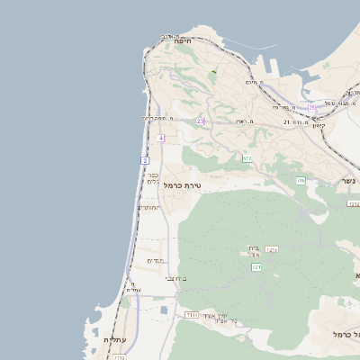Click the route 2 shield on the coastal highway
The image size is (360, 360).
click(144, 160)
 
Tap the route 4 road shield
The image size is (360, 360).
click(160, 138)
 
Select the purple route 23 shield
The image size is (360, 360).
click(201, 121)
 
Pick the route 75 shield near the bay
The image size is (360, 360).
click(311, 108)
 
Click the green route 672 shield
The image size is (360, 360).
click(247, 158)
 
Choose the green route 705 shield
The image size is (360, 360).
click(301, 181)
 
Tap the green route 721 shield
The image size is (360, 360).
click(256, 267)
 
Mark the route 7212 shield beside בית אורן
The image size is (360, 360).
click(271, 249)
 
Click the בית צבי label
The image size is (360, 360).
click(176, 279)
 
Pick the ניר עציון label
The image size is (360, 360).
click(220, 318)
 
